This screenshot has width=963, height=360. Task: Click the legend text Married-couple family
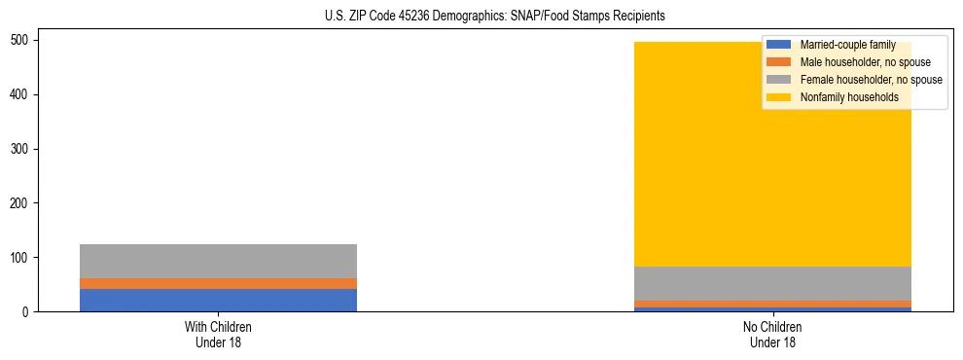click(x=847, y=46)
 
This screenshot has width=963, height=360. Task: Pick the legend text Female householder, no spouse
click(x=871, y=80)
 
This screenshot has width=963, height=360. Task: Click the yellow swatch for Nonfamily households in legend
click(x=780, y=97)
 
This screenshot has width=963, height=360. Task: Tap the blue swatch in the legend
click(x=780, y=46)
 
